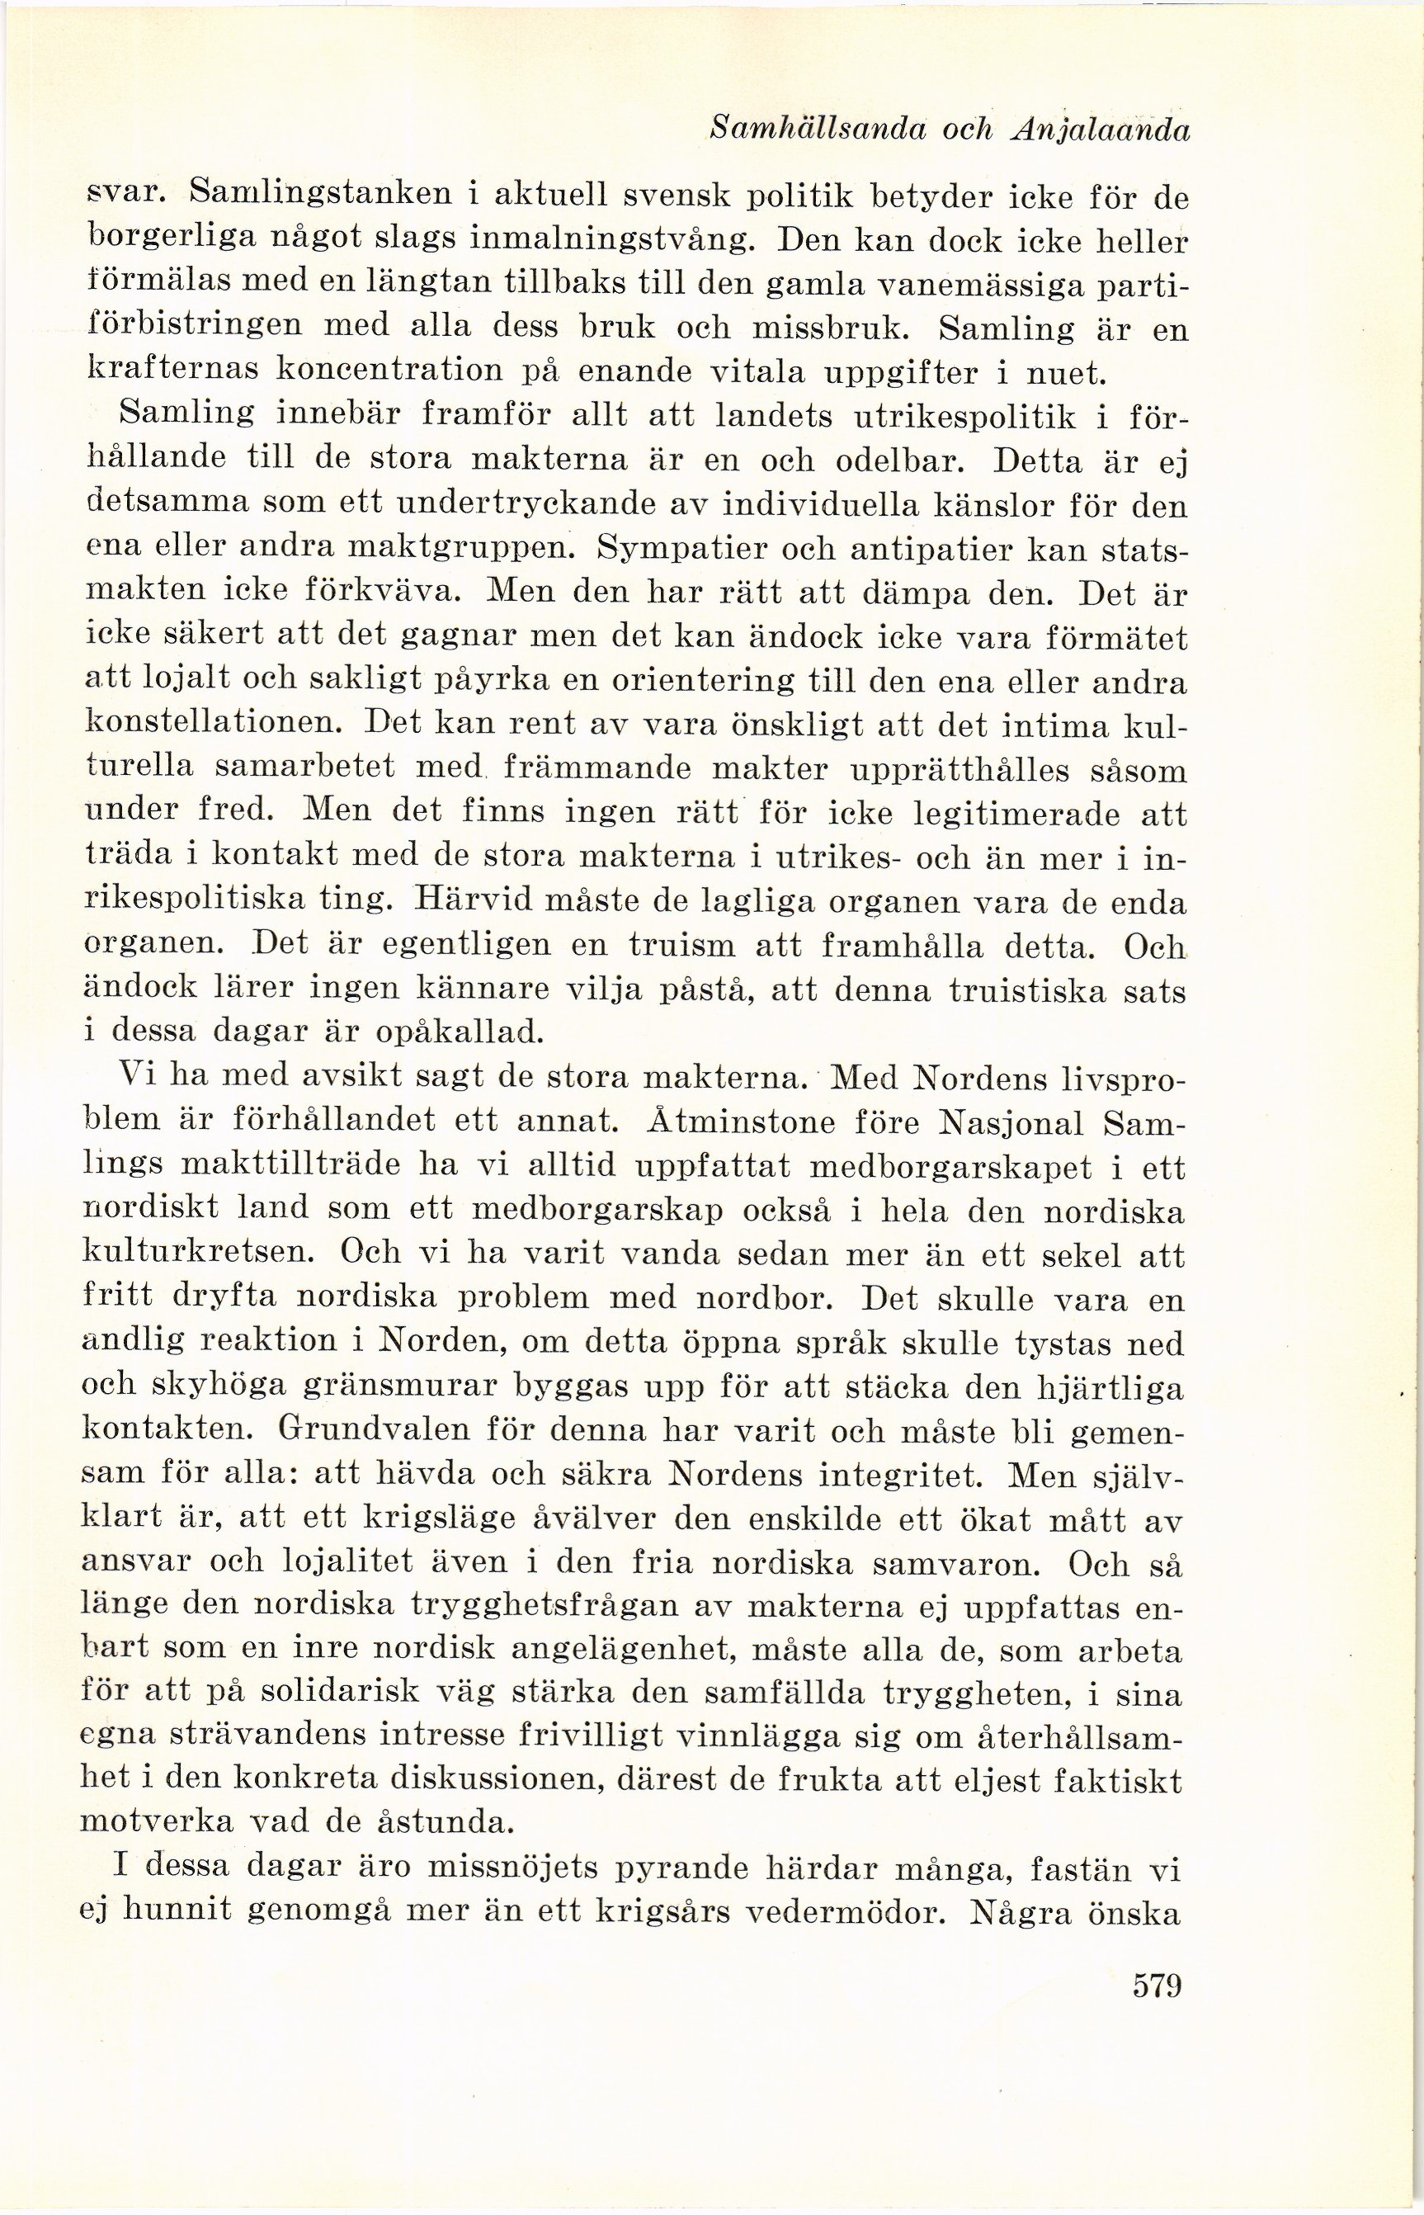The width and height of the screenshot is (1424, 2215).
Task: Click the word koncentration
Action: pos(414,372)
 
